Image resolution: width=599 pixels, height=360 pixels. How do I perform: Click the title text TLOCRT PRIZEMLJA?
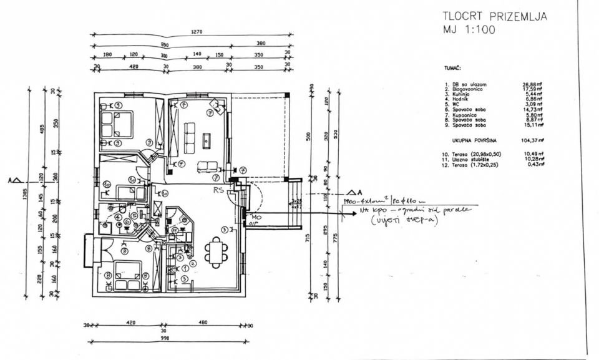pos(494,16)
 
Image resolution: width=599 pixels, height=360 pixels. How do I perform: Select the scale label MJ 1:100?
pos(469,29)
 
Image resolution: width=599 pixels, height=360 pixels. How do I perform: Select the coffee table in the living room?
pos(207,141)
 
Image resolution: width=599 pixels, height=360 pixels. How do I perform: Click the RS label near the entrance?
pos(218,190)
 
